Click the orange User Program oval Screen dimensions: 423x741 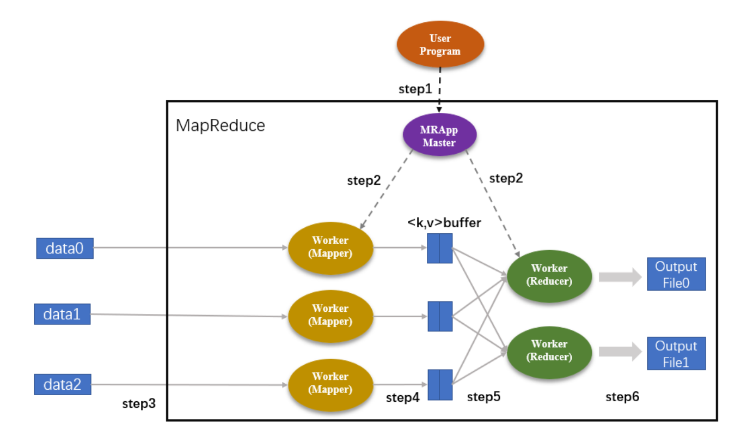tap(440, 45)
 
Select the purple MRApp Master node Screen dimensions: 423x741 tap(439, 135)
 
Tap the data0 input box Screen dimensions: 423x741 tap(65, 248)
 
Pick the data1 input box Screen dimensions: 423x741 tap(62, 314)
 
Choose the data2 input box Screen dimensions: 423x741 tap(63, 384)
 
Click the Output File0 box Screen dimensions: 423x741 tap(676, 274)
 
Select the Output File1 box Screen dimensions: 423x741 tap(676, 354)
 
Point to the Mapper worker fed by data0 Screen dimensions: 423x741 tap(330, 247)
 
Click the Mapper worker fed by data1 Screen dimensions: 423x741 tap(330, 315)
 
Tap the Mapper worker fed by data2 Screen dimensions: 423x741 tap(330, 383)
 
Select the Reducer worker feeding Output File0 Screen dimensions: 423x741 tap(549, 275)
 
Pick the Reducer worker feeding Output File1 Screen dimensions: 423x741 tap(549, 351)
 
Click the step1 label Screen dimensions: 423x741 tap(415, 89)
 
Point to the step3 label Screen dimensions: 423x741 tap(139, 404)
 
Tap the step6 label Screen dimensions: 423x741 tap(622, 397)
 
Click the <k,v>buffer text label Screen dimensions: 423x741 tap(444, 222)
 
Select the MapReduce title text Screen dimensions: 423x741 tap(221, 125)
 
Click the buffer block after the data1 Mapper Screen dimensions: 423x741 tap(440, 316)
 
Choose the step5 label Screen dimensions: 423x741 tap(483, 397)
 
